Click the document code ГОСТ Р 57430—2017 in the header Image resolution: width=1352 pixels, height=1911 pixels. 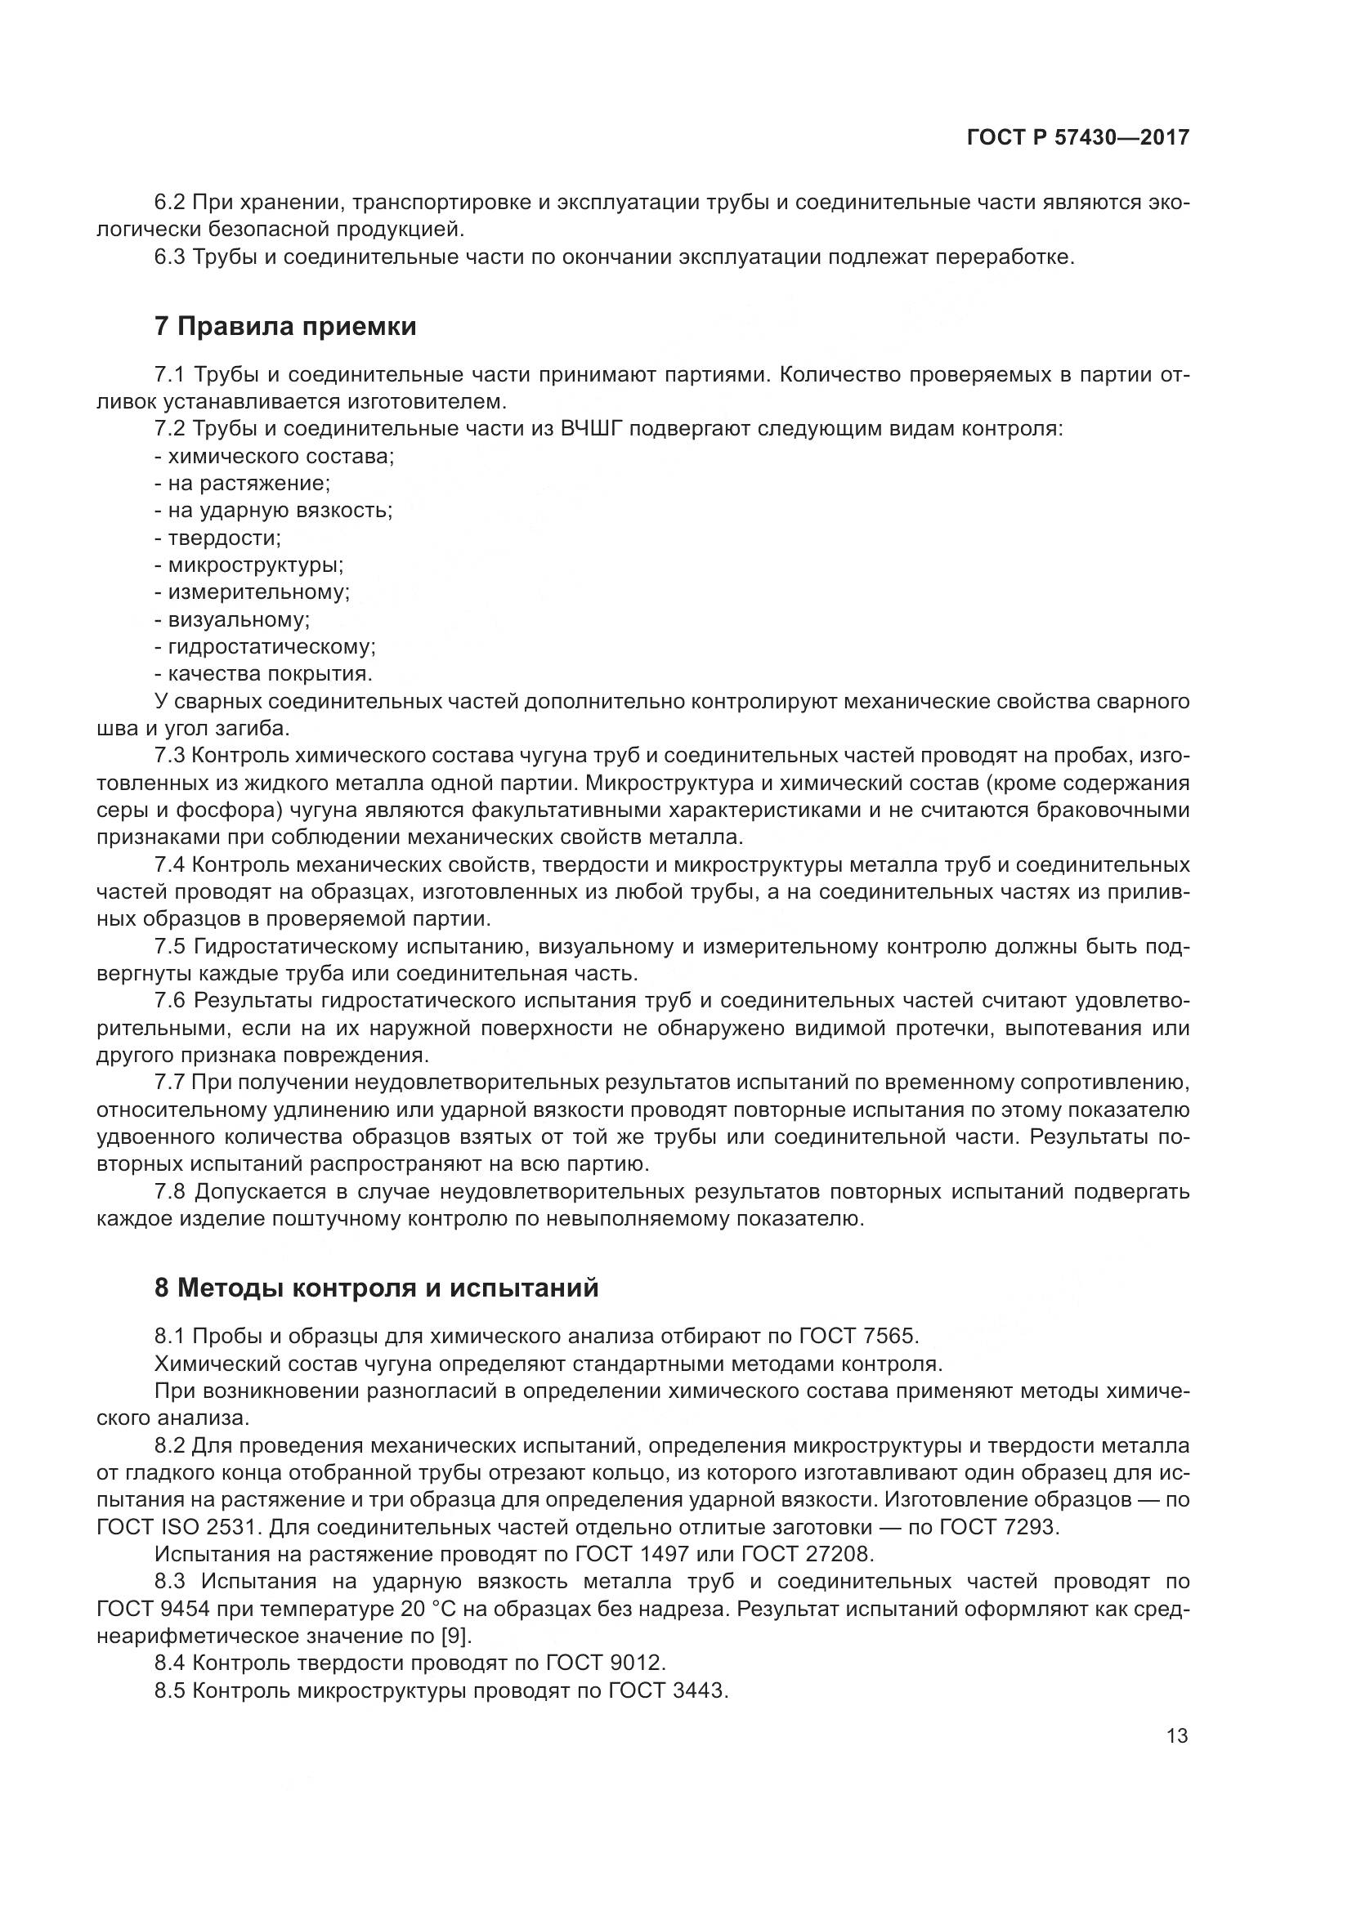point(1077,138)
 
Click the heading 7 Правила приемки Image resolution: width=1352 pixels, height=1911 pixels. point(285,327)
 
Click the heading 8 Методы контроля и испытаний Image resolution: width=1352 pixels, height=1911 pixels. point(376,1288)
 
